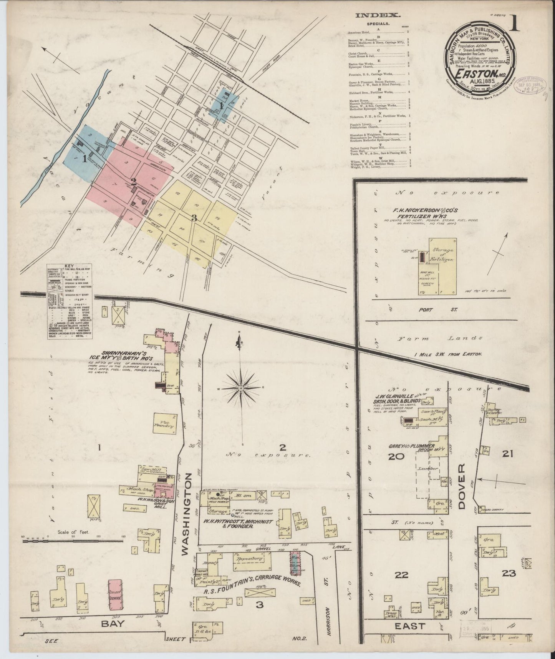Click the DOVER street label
click(461, 486)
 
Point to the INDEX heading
click(378, 16)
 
